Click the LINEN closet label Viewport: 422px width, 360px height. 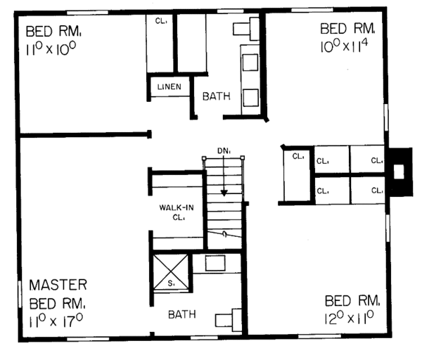click(170, 86)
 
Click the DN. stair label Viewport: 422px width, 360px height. click(224, 151)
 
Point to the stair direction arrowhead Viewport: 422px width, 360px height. click(224, 193)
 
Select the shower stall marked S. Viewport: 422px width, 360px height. click(171, 272)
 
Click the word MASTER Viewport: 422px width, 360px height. click(58, 285)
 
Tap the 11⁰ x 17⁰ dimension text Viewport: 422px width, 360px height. click(56, 321)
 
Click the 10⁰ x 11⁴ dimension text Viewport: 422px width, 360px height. click(344, 46)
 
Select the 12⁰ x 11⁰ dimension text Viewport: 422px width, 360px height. click(349, 318)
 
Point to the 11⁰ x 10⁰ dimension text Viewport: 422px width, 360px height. click(51, 49)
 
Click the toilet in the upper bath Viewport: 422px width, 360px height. click(246, 29)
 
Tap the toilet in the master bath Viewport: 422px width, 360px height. click(228, 320)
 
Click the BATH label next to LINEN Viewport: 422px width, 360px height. click(217, 96)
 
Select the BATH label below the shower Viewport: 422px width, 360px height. click(182, 314)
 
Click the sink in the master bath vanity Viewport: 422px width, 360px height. click(215, 263)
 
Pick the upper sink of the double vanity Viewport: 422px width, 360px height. click(250, 62)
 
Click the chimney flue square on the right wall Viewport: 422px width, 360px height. click(399, 172)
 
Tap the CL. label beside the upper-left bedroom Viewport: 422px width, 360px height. click(161, 21)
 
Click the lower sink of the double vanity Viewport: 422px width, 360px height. click(250, 98)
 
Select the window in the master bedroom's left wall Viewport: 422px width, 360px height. click(20, 294)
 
